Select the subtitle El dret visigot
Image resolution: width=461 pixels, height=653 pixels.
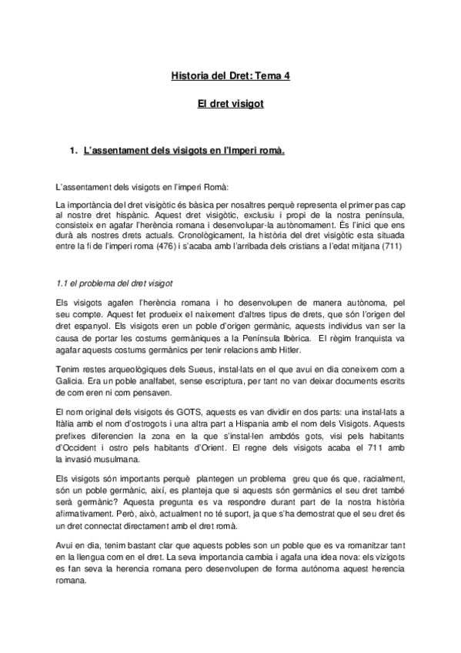pyautogui.click(x=230, y=103)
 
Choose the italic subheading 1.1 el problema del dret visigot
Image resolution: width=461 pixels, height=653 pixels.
pyautogui.click(x=115, y=283)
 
